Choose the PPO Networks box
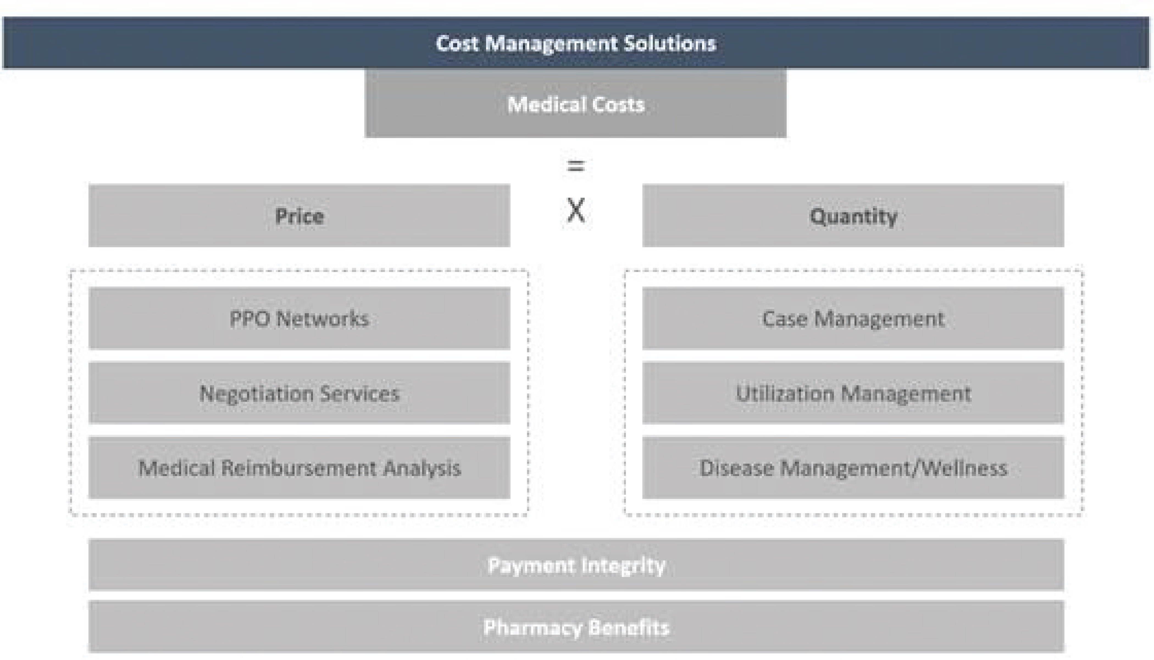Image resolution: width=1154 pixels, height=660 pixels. tap(299, 318)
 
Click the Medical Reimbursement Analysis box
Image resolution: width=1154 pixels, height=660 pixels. tap(299, 467)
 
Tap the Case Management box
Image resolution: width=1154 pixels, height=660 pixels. tap(853, 318)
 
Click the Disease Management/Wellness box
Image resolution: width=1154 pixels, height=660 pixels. tap(853, 467)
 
